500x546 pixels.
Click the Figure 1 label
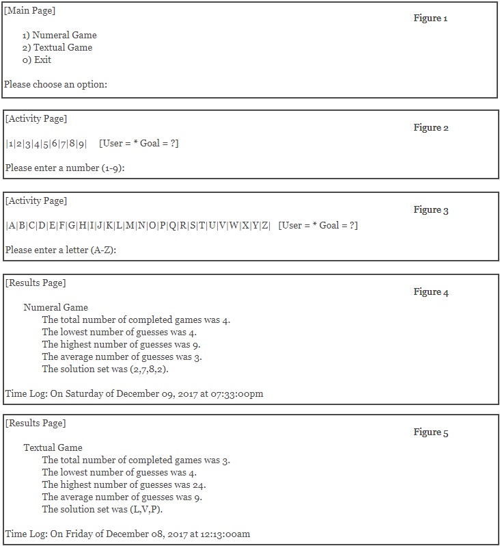(430, 18)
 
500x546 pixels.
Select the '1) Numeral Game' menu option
(59, 35)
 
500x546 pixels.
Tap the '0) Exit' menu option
(37, 60)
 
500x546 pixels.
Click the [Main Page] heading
(30, 10)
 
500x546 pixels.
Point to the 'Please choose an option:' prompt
(56, 85)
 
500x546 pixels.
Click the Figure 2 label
(430, 127)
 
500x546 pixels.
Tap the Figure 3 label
(430, 209)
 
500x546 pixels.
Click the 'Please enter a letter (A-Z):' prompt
(61, 250)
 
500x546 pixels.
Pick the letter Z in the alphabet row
(266, 225)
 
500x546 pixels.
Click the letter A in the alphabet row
(12, 225)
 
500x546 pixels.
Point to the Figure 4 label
(430, 291)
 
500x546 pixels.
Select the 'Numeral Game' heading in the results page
(56, 307)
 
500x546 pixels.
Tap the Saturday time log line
(134, 393)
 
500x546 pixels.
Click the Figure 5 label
(430, 432)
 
